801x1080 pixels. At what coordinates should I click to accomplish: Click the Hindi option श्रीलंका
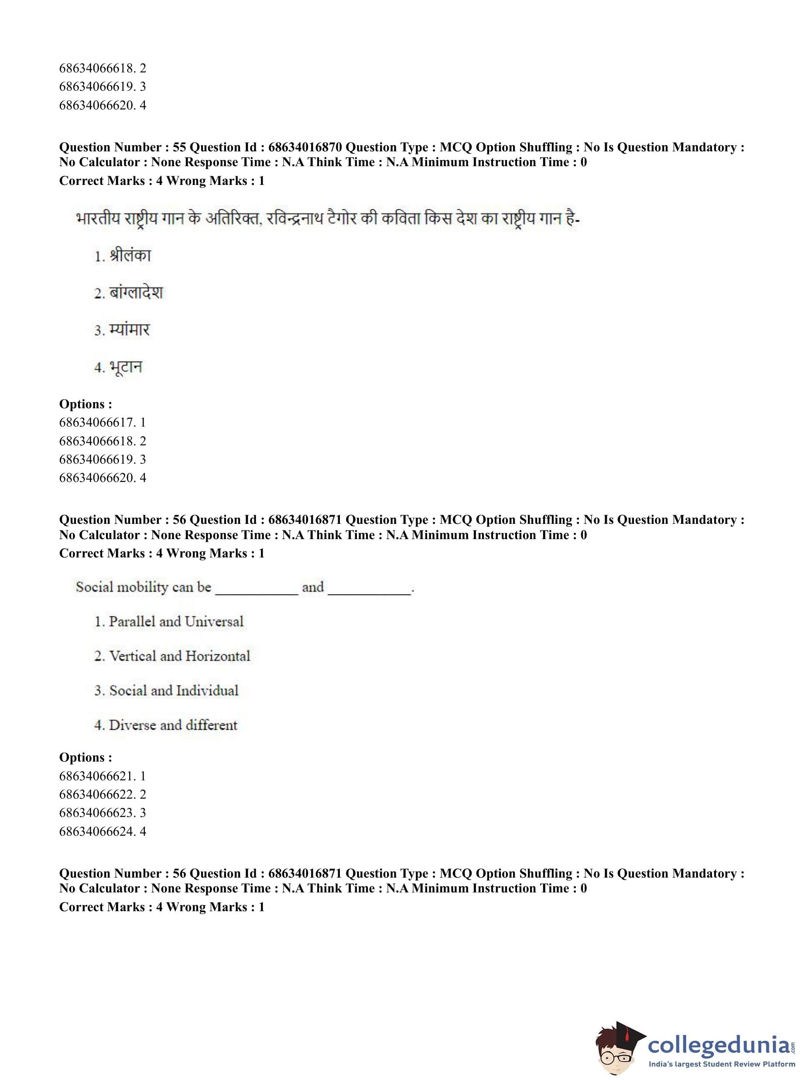coord(130,256)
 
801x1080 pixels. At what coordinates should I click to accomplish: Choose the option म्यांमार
coord(130,330)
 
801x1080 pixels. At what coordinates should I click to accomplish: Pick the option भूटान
coord(126,367)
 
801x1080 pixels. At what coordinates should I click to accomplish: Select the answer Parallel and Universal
coord(175,622)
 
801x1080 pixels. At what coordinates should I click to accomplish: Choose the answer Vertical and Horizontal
coord(179,656)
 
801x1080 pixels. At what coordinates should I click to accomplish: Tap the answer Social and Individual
coord(174,690)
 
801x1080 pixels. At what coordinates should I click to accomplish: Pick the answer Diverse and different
coord(173,725)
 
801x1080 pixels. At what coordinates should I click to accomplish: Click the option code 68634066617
coord(97,422)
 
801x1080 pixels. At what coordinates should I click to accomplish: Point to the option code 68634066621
coord(97,776)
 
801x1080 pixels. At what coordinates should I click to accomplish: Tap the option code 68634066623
coord(97,813)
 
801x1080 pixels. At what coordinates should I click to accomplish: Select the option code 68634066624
coord(97,831)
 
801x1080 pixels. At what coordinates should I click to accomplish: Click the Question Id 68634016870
coord(305,147)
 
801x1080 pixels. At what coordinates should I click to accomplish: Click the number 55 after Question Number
coord(179,147)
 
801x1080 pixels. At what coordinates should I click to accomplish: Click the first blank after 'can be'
coord(257,589)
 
